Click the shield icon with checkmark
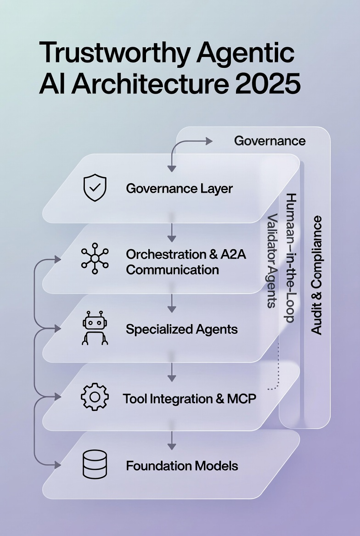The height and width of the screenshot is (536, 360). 95,188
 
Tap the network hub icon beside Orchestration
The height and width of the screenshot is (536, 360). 95,259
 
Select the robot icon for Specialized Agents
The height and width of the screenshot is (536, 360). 95,328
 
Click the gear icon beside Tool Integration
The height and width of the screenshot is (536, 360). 95,397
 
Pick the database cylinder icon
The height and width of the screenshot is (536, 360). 95,465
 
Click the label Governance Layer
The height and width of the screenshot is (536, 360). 179,189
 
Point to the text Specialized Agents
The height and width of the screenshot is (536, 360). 181,329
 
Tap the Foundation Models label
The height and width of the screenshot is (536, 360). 182,466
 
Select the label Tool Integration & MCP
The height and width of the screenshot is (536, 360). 189,398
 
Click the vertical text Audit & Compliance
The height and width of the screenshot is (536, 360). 316,275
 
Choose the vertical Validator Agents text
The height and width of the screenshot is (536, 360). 272,260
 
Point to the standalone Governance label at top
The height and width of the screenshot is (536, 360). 270,140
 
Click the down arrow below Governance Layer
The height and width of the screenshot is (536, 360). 172,233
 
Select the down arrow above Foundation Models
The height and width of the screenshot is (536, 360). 172,440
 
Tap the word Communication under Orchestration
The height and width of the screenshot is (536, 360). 172,269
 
